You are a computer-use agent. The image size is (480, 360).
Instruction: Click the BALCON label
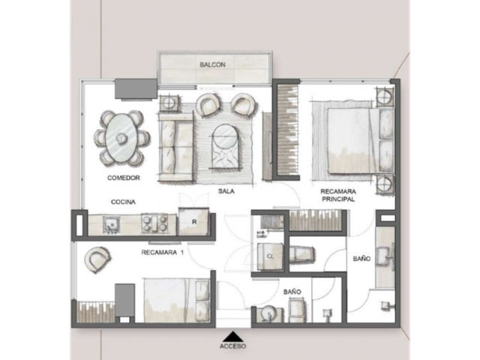coord(212,65)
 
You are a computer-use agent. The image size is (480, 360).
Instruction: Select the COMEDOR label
coord(124,178)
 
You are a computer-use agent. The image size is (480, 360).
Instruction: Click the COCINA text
coord(123,202)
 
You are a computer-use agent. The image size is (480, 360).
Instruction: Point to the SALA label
coord(226,191)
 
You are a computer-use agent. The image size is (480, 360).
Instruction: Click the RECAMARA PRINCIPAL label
coord(338,195)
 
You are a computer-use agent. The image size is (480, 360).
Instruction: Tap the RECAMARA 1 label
coord(162,253)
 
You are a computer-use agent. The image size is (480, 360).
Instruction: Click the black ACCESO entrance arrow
coord(233,336)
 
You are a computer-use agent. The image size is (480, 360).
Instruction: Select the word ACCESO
coord(232,346)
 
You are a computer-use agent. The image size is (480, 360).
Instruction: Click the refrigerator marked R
coord(193,222)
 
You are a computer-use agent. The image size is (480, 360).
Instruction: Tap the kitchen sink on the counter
coord(110,224)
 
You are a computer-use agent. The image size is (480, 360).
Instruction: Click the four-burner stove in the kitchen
coord(154,223)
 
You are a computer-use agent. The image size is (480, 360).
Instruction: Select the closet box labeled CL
coord(270,256)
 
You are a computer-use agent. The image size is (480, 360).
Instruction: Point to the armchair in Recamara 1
coord(97,259)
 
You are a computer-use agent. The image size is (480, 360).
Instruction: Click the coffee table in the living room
coord(226,146)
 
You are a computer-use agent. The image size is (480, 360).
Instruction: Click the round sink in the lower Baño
coord(269,313)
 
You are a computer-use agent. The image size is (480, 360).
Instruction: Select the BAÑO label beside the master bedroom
coord(361,259)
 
